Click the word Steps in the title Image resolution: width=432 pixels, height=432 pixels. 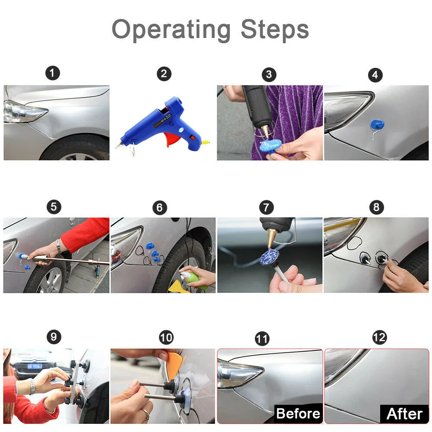click(x=275, y=29)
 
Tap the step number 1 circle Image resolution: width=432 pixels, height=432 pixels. click(x=53, y=73)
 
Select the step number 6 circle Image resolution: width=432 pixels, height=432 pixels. click(x=160, y=207)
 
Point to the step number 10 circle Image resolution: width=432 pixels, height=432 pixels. click(x=166, y=337)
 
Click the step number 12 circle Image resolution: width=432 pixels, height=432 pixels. click(x=379, y=337)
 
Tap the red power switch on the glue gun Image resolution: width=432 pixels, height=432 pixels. click(x=193, y=137)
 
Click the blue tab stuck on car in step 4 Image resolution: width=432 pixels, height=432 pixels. click(x=377, y=124)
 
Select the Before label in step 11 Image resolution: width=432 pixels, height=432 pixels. click(x=299, y=413)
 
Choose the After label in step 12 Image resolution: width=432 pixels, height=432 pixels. click(x=404, y=414)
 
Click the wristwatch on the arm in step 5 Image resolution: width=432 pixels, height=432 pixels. click(x=58, y=246)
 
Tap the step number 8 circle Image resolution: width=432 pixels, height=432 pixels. click(x=377, y=207)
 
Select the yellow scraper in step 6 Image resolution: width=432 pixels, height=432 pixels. click(x=178, y=287)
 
